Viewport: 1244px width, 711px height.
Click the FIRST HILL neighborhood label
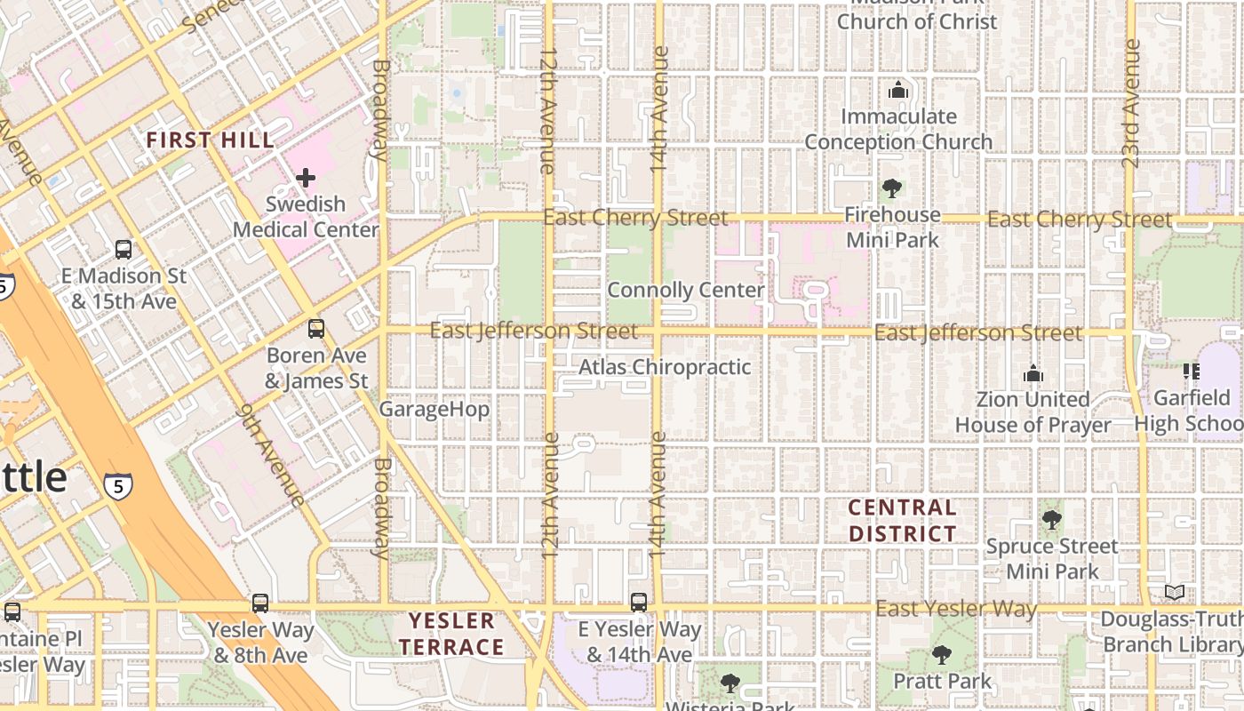[x=210, y=140]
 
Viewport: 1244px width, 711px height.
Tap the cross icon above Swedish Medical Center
[x=306, y=178]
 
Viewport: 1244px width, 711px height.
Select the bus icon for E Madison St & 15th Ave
[x=124, y=250]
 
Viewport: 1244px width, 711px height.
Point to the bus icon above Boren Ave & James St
[x=316, y=329]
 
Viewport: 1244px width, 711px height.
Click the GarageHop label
[x=435, y=410]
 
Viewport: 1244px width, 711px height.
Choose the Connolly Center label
[x=685, y=291]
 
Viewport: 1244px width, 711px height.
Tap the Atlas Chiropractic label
[x=665, y=367]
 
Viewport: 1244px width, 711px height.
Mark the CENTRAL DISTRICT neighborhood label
[x=902, y=521]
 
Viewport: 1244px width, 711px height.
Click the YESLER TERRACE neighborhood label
[x=451, y=634]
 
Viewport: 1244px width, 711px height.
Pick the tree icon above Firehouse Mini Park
[x=892, y=188]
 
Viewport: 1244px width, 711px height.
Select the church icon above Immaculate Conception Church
[x=898, y=91]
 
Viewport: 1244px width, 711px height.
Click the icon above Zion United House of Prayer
[x=1033, y=374]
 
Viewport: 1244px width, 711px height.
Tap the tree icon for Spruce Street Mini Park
[x=1051, y=519]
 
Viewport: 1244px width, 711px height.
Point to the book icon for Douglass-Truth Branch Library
[x=1174, y=592]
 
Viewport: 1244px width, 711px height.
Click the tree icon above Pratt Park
[x=942, y=655]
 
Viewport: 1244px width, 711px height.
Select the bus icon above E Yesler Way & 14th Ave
[x=639, y=602]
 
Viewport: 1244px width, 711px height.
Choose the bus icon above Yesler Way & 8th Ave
[x=259, y=603]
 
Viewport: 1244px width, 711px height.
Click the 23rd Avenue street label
[x=1130, y=103]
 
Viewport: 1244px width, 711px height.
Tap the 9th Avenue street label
[x=272, y=455]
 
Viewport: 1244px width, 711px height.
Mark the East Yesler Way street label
[x=956, y=609]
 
